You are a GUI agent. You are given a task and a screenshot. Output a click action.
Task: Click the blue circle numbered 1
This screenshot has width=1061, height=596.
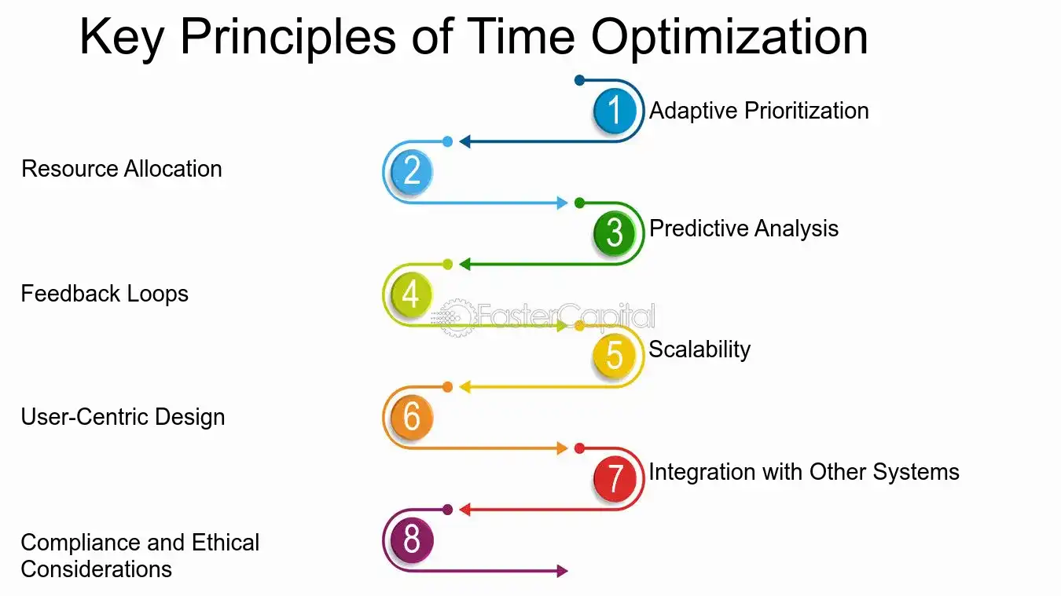click(615, 110)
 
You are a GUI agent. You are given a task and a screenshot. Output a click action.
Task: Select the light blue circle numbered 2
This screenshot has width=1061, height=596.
click(412, 171)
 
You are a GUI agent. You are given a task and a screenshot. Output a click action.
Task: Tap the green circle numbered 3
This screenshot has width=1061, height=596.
click(615, 232)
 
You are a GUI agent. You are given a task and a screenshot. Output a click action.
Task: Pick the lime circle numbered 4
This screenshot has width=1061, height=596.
click(412, 294)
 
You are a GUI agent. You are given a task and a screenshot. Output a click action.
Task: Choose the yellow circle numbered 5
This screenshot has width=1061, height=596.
click(615, 355)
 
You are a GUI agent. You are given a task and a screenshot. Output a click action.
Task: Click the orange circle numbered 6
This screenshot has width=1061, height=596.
click(412, 417)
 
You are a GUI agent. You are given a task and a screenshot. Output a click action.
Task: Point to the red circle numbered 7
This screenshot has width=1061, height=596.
click(615, 477)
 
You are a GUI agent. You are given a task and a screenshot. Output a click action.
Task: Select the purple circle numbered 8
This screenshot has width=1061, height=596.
click(412, 539)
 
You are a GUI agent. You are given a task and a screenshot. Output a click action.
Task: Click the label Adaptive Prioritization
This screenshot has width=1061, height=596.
click(758, 112)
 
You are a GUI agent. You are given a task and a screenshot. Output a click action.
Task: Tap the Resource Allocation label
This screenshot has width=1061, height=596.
click(122, 169)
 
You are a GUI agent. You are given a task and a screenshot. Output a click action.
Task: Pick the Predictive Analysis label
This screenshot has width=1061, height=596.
click(743, 229)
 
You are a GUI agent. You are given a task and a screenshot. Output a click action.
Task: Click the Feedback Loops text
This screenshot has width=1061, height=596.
click(105, 294)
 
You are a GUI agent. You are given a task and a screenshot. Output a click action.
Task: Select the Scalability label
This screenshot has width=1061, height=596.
click(699, 350)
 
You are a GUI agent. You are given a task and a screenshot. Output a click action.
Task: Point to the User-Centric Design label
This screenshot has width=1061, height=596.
click(123, 417)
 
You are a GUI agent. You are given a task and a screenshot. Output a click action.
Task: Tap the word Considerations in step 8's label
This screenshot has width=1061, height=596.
click(96, 569)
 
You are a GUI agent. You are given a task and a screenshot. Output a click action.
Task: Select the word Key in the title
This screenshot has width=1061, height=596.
click(122, 38)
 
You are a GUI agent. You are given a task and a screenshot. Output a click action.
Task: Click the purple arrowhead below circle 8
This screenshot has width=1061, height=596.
click(562, 571)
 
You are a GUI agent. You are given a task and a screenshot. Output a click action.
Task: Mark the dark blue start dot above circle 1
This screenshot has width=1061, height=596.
click(579, 80)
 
